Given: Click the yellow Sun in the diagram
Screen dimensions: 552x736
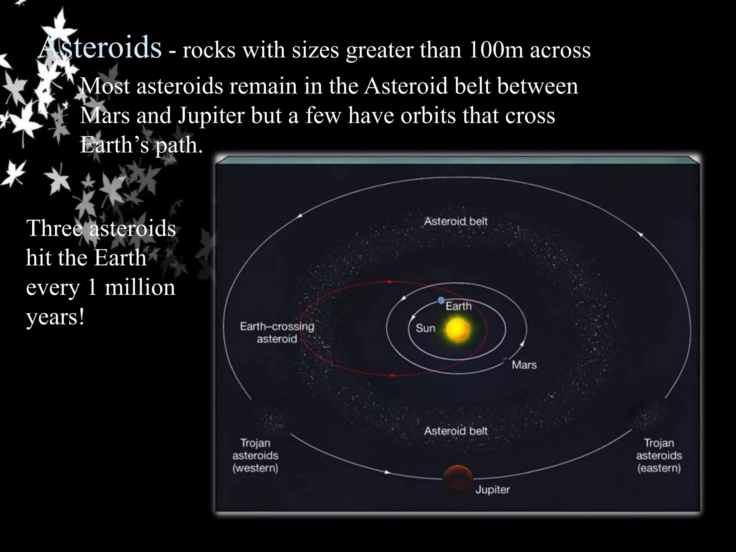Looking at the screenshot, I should coord(457,329).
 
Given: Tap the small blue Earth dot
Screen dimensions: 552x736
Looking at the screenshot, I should coord(441,300).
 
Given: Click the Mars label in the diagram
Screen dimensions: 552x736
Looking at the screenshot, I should coord(524,365).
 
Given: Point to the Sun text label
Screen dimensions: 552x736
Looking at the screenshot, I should coord(425,328).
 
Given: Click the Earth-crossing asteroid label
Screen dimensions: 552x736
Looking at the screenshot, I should coord(277,332).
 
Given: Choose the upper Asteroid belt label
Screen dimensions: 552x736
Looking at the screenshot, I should coord(456,221).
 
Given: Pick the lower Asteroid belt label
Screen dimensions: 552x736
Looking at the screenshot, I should coord(456,431).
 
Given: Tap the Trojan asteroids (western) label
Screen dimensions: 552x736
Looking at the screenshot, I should coord(255,455).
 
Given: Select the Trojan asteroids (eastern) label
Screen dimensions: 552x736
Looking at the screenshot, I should coord(659,455).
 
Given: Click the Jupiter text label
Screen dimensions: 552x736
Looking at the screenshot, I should coord(492,489).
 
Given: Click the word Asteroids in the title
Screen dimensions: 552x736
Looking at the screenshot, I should coord(100,47).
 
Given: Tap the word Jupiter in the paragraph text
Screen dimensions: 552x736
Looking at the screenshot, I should coord(211,115).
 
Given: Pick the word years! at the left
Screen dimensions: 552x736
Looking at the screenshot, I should coord(55,317).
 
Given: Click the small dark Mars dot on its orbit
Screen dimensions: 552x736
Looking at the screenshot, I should coord(505,359).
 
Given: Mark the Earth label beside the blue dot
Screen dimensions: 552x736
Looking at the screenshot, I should coord(458,306).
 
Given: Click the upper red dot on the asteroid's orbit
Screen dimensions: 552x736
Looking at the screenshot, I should coord(390,282).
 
